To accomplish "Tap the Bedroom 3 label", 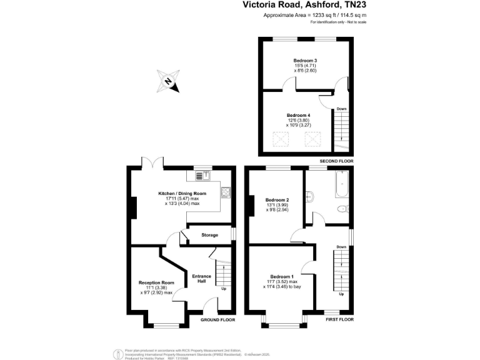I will [306, 60].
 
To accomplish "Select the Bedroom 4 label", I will [298, 116].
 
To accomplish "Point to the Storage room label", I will [209, 235].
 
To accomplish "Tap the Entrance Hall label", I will [202, 279].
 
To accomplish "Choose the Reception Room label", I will [156, 282].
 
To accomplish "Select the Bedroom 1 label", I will [281, 277].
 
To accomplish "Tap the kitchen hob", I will [226, 192].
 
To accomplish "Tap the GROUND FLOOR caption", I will [217, 320].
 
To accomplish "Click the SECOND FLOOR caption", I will [336, 161].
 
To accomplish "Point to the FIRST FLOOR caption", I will [339, 320].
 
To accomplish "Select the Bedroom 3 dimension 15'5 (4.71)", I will [306, 66].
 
